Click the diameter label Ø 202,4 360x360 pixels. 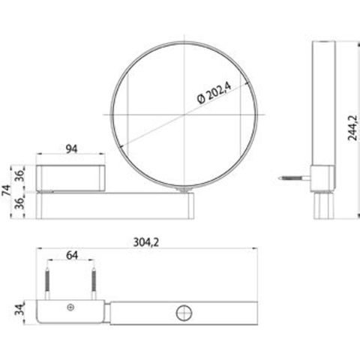[x=214, y=93]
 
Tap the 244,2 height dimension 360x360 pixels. [x=352, y=128]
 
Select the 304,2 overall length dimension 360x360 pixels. [x=146, y=242]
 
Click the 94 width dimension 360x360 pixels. [x=71, y=148]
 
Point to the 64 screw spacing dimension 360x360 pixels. [x=72, y=255]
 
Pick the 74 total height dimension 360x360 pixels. [x=6, y=190]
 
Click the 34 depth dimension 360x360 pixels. [x=19, y=309]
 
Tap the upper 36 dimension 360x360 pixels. [x=20, y=175]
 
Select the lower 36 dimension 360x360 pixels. [x=20, y=203]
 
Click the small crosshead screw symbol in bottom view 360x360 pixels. [x=70, y=307]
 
